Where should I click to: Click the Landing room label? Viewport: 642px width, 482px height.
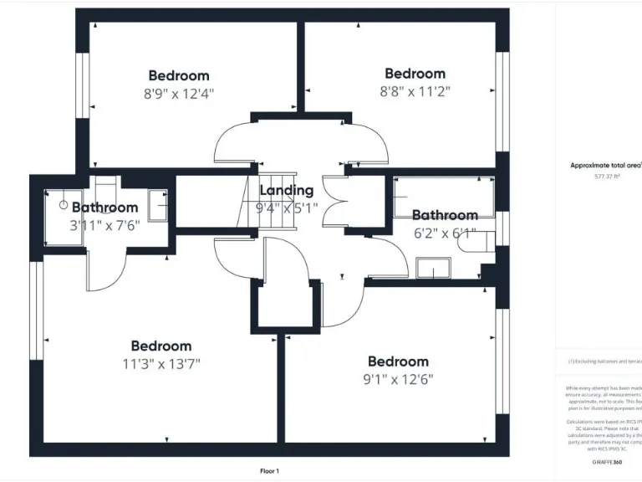click(287, 191)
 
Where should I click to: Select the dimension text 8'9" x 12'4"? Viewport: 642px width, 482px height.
click(179, 94)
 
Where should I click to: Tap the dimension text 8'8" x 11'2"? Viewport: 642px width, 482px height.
click(414, 92)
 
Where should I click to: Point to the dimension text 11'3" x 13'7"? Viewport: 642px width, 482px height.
click(160, 364)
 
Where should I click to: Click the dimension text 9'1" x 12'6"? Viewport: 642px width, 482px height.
click(398, 379)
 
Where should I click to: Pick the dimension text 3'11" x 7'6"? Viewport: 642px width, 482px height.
click(104, 225)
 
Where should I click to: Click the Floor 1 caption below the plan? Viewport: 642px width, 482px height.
click(269, 471)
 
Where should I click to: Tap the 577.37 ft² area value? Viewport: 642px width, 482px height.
click(607, 177)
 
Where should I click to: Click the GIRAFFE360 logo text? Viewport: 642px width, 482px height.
click(606, 462)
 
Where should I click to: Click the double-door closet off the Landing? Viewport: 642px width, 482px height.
click(335, 204)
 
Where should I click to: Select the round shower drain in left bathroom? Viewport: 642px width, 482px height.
click(63, 204)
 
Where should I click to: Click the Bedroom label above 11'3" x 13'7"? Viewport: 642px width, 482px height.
click(160, 346)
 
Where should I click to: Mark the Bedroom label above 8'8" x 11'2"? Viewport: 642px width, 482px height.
click(414, 74)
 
